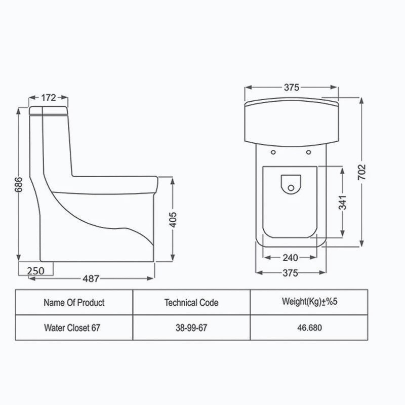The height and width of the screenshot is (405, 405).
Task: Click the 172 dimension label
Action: point(49,98)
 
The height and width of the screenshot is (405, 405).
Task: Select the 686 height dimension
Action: point(18,184)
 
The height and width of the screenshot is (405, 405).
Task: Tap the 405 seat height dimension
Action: point(173,220)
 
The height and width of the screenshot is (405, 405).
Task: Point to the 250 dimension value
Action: point(35,271)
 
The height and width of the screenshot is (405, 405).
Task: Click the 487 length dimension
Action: point(91,279)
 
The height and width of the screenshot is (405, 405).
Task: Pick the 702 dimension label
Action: point(361,172)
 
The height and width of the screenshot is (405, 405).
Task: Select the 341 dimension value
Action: point(343,202)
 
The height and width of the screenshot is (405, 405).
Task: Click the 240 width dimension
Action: point(290,258)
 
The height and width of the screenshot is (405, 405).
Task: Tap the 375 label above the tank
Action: point(292,88)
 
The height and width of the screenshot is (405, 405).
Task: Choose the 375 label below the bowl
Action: point(290,273)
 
